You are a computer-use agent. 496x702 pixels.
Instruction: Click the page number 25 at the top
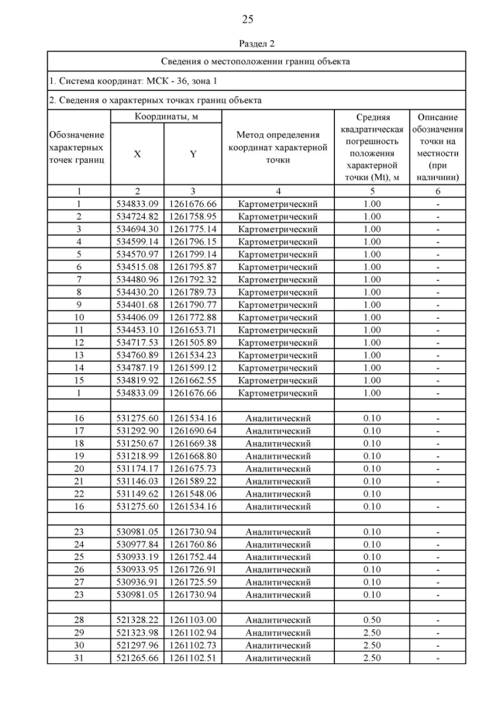point(247,19)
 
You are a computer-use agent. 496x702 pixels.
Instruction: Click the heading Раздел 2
point(247,43)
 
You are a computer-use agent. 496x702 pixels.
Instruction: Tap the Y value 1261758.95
point(192,216)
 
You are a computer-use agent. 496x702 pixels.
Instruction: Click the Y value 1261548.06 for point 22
point(192,494)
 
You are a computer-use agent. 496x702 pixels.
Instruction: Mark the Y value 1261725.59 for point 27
point(192,583)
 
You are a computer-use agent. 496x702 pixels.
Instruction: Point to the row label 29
point(78,633)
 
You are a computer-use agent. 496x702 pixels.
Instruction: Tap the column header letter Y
point(192,154)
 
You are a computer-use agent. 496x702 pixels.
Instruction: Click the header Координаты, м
point(164,116)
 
